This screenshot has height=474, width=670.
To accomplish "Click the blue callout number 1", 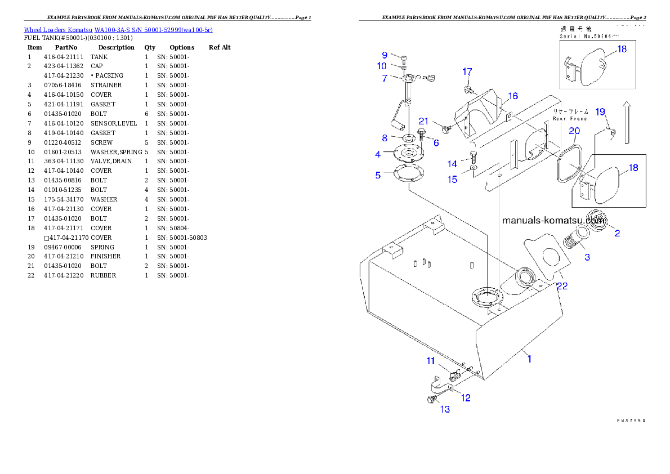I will (529, 359).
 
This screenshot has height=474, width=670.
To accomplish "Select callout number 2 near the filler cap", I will (617, 233).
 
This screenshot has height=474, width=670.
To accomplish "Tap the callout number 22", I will (562, 286).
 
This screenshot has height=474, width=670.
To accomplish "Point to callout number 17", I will (467, 71).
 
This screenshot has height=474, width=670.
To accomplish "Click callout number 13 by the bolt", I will (445, 409).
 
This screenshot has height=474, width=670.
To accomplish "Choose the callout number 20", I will (574, 131).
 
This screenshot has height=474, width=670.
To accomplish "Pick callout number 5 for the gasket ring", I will (378, 175).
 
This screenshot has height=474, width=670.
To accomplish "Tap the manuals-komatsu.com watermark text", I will (553, 221).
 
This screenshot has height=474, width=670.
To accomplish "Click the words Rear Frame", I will (570, 119).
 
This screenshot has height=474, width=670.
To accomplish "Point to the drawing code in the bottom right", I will (630, 420).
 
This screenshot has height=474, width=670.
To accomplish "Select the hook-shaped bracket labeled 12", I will (439, 387).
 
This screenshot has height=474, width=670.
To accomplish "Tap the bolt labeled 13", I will (432, 400).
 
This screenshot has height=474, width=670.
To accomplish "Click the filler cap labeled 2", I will (597, 219).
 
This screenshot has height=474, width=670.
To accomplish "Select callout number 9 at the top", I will (385, 55).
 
